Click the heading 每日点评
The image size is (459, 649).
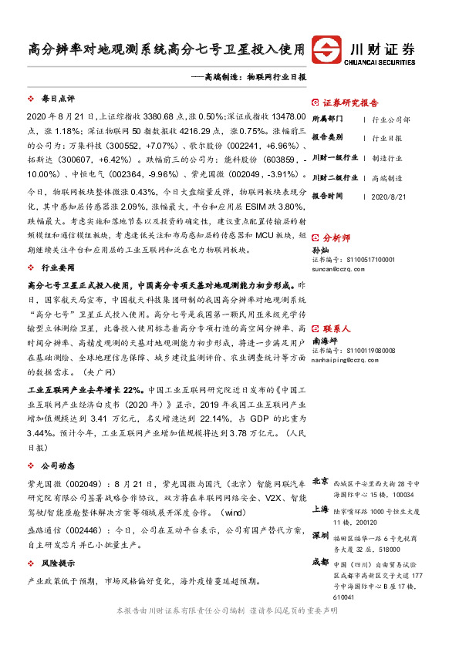pos(58,99)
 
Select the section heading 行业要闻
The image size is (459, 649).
pos(58,268)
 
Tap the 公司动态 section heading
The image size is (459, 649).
pos(58,466)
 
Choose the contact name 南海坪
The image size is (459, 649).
pos(325,340)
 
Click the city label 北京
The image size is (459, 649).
pos(321,481)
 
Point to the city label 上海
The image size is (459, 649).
pos(321,509)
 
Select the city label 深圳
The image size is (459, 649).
pos(321,536)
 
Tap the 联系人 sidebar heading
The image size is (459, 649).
pos(336,328)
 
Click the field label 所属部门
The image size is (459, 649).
pos(329,119)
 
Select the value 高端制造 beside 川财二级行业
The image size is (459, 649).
pos(386,177)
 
